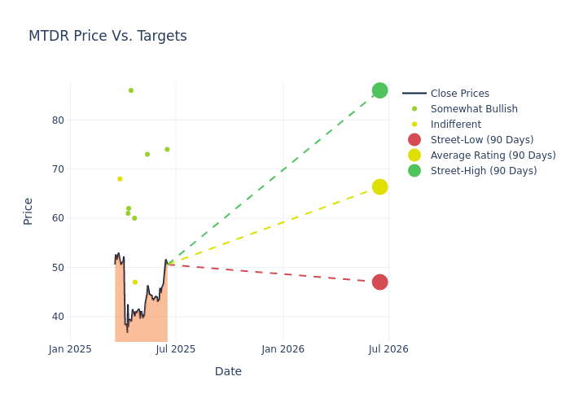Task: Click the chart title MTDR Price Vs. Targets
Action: pyautogui.click(x=107, y=37)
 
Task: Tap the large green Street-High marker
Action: pyautogui.click(x=379, y=90)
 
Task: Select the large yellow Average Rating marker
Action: pyautogui.click(x=379, y=187)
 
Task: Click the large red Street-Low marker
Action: pyautogui.click(x=379, y=282)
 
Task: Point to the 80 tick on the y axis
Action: pyautogui.click(x=58, y=120)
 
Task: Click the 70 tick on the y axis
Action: pyautogui.click(x=58, y=169)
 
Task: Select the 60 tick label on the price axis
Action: pyautogui.click(x=58, y=218)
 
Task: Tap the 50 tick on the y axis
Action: pyautogui.click(x=58, y=268)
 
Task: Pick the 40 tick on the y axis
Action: pyautogui.click(x=58, y=317)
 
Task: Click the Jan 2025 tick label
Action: pyautogui.click(x=71, y=349)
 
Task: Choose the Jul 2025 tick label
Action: pyautogui.click(x=176, y=349)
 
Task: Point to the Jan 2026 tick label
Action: pyautogui.click(x=283, y=349)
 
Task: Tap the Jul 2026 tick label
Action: pyautogui.click(x=388, y=349)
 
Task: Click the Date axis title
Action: pyautogui.click(x=228, y=372)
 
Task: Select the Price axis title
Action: pyautogui.click(x=28, y=211)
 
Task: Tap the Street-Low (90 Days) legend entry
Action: pyautogui.click(x=481, y=140)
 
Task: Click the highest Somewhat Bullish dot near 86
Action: pyautogui.click(x=131, y=90)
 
